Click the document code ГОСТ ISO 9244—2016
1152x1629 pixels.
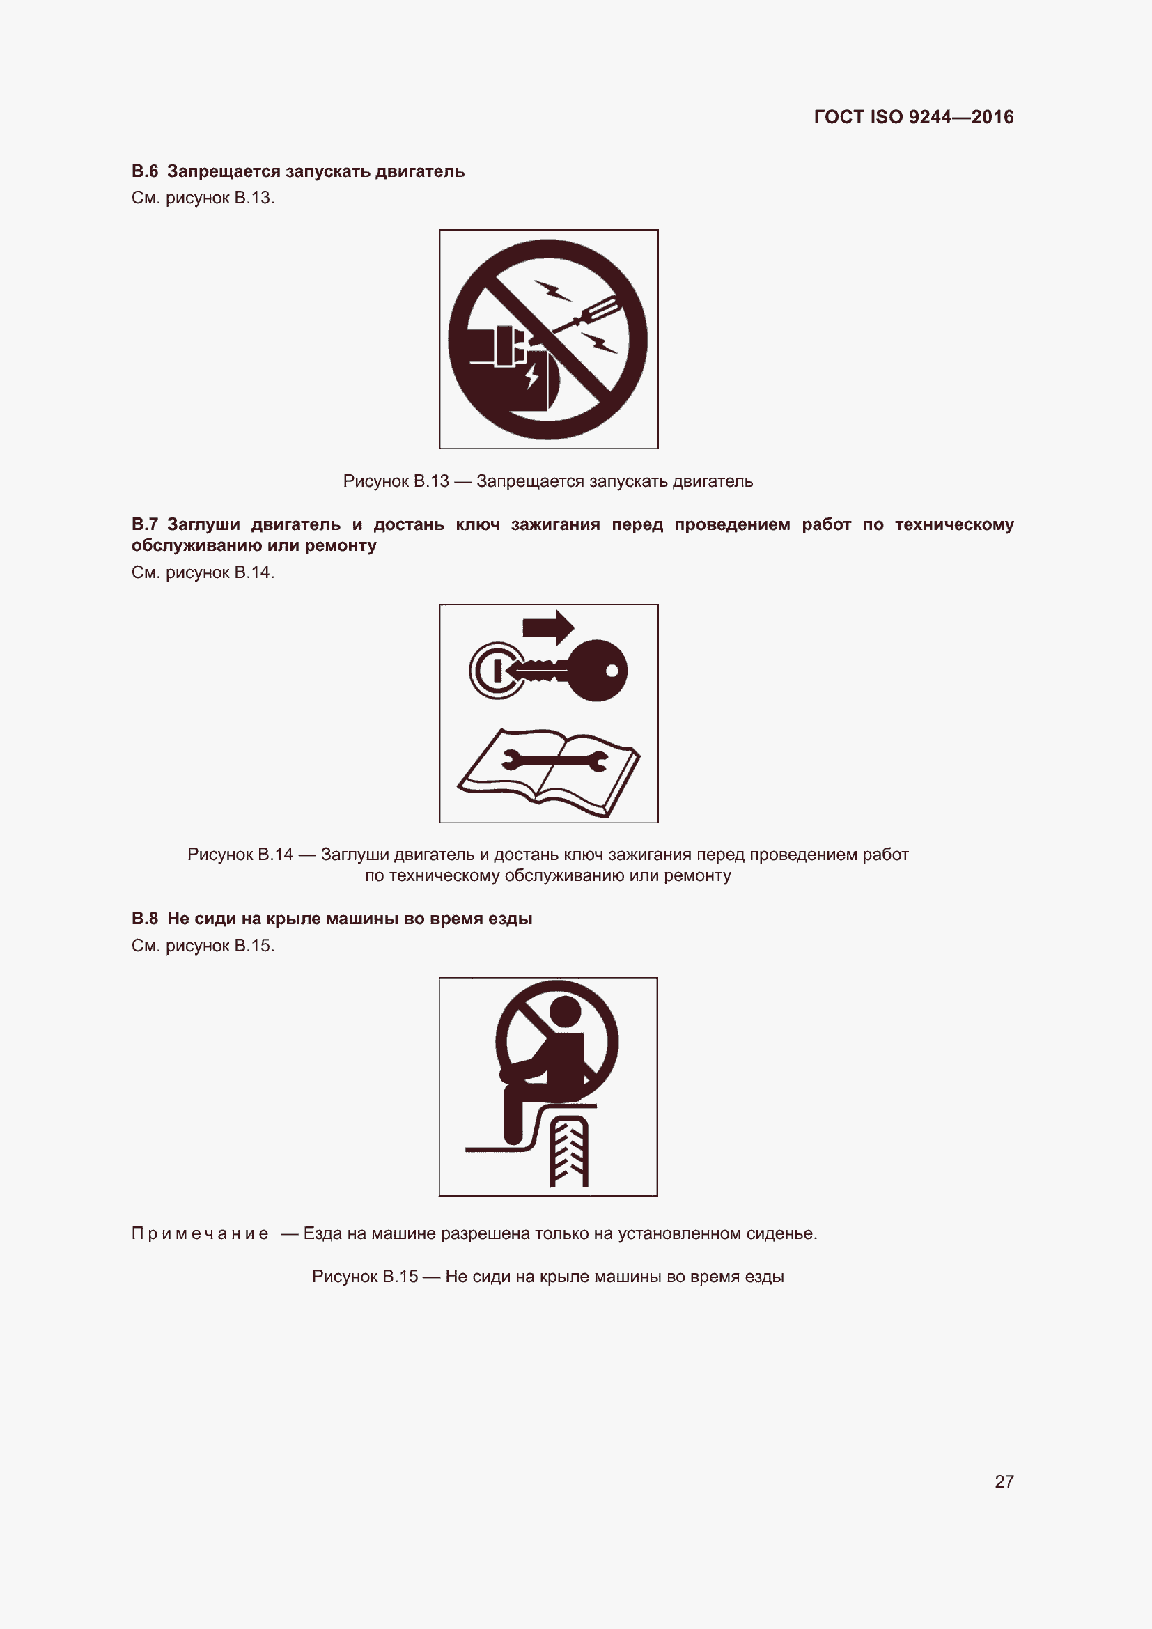tap(913, 117)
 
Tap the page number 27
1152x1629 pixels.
tap(1004, 1481)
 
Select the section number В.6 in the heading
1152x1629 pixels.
tap(145, 172)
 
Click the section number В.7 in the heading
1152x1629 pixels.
tap(145, 524)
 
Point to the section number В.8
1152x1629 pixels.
tap(145, 918)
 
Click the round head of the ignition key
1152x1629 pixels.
tap(598, 671)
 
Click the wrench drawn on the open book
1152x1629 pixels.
tap(554, 761)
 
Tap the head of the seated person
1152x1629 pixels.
tap(566, 1012)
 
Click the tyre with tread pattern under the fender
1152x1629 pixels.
tap(568, 1152)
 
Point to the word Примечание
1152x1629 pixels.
tap(200, 1234)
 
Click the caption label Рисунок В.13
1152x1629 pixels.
tap(396, 481)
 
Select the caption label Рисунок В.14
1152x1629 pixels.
tap(240, 855)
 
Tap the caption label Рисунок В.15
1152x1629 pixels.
tap(364, 1277)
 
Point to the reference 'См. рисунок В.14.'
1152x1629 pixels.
tap(203, 572)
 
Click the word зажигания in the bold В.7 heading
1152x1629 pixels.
tap(555, 524)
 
